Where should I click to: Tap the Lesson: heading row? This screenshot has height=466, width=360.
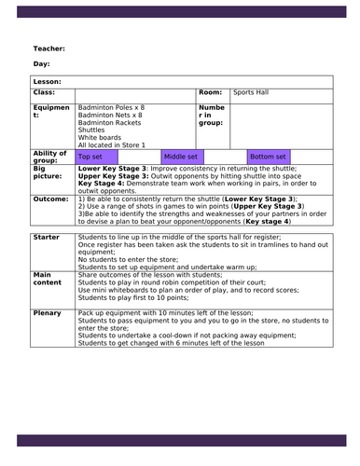(x=48, y=83)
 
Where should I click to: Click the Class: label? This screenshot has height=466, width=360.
(x=45, y=93)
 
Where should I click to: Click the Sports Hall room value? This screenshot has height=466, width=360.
(x=252, y=93)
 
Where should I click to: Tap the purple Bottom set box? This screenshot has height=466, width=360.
(x=269, y=157)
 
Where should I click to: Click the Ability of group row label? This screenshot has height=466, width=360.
(x=50, y=157)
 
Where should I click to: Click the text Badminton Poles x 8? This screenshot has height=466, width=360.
(x=112, y=107)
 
